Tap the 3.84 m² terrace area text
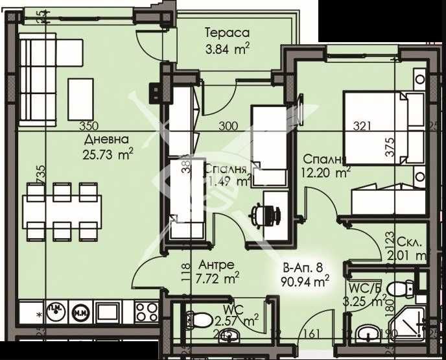tap(227, 47)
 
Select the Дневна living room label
tap(106, 139)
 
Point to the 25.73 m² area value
tap(108, 153)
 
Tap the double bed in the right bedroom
tap(382, 126)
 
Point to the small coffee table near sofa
tap(81, 90)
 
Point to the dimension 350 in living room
tap(88, 126)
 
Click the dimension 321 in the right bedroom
tap(362, 126)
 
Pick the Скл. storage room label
tap(411, 242)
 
